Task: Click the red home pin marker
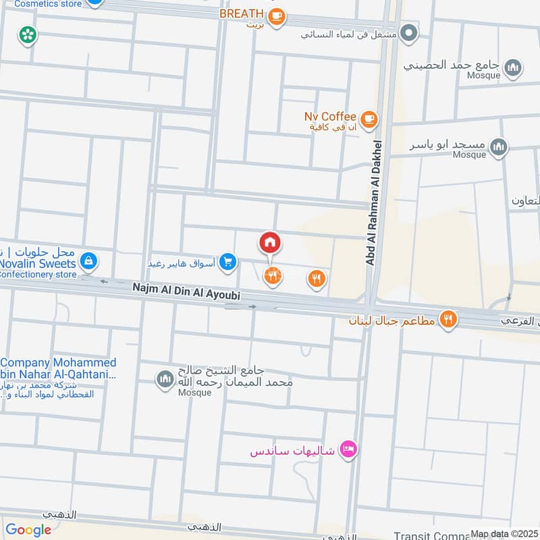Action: (269, 242)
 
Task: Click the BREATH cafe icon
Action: (275, 17)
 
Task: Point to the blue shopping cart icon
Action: (228, 261)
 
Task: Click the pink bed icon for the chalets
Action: (348, 449)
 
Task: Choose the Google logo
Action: (28, 530)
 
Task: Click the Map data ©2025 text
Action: (502, 534)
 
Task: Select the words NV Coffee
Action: (330, 117)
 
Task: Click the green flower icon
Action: (28, 34)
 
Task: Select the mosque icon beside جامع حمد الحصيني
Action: (514, 67)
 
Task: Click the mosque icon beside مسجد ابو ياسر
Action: (499, 146)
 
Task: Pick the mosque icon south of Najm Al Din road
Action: (165, 380)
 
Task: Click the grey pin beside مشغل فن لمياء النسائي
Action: (408, 31)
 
